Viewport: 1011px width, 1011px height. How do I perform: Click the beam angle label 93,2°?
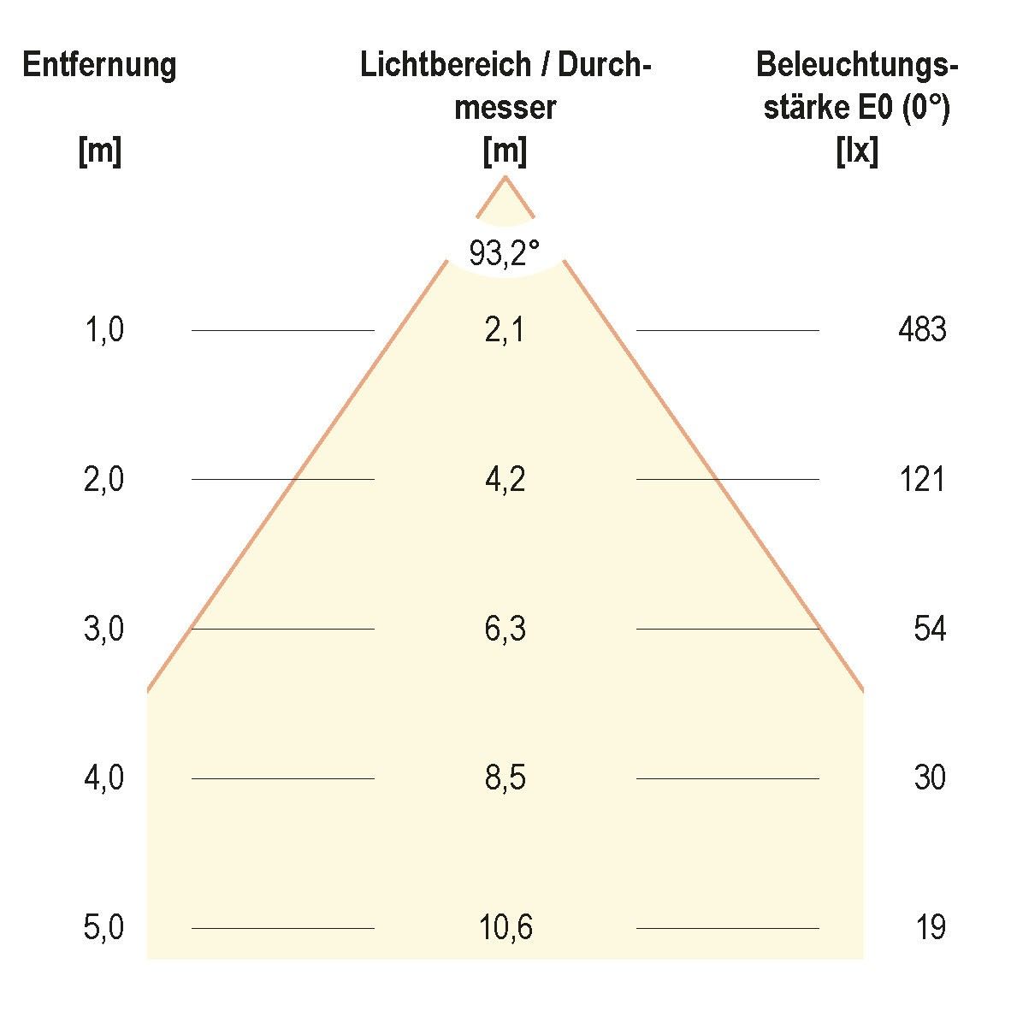pyautogui.click(x=505, y=253)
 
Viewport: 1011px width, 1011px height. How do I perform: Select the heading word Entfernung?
pyautogui.click(x=99, y=65)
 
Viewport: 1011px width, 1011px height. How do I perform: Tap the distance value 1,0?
pyautogui.click(x=104, y=330)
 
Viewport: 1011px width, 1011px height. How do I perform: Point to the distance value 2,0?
pyautogui.click(x=104, y=480)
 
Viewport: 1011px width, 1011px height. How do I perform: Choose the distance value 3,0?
pyautogui.click(x=104, y=630)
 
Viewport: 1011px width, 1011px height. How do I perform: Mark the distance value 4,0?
pyautogui.click(x=104, y=778)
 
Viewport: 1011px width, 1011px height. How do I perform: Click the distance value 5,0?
pyautogui.click(x=104, y=928)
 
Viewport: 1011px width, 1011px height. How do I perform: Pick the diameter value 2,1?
pyautogui.click(x=505, y=330)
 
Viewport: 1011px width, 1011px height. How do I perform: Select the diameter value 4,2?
pyautogui.click(x=505, y=480)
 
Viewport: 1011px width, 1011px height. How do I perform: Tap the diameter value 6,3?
pyautogui.click(x=505, y=630)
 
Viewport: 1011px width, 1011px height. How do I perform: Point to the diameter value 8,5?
pyautogui.click(x=505, y=778)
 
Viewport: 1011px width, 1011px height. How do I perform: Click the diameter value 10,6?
pyautogui.click(x=505, y=928)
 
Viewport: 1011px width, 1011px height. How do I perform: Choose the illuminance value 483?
pyautogui.click(x=922, y=330)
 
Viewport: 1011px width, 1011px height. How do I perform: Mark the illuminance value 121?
pyautogui.click(x=922, y=480)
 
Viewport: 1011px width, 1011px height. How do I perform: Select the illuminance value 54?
pyautogui.click(x=930, y=630)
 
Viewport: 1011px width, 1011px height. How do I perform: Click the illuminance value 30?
pyautogui.click(x=930, y=778)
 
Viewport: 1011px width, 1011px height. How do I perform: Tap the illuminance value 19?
pyautogui.click(x=930, y=928)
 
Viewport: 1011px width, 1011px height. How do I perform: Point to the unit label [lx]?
pyautogui.click(x=856, y=152)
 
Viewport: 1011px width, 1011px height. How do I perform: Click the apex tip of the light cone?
pyautogui.click(x=505, y=177)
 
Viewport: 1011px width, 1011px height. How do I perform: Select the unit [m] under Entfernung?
pyautogui.click(x=99, y=152)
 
